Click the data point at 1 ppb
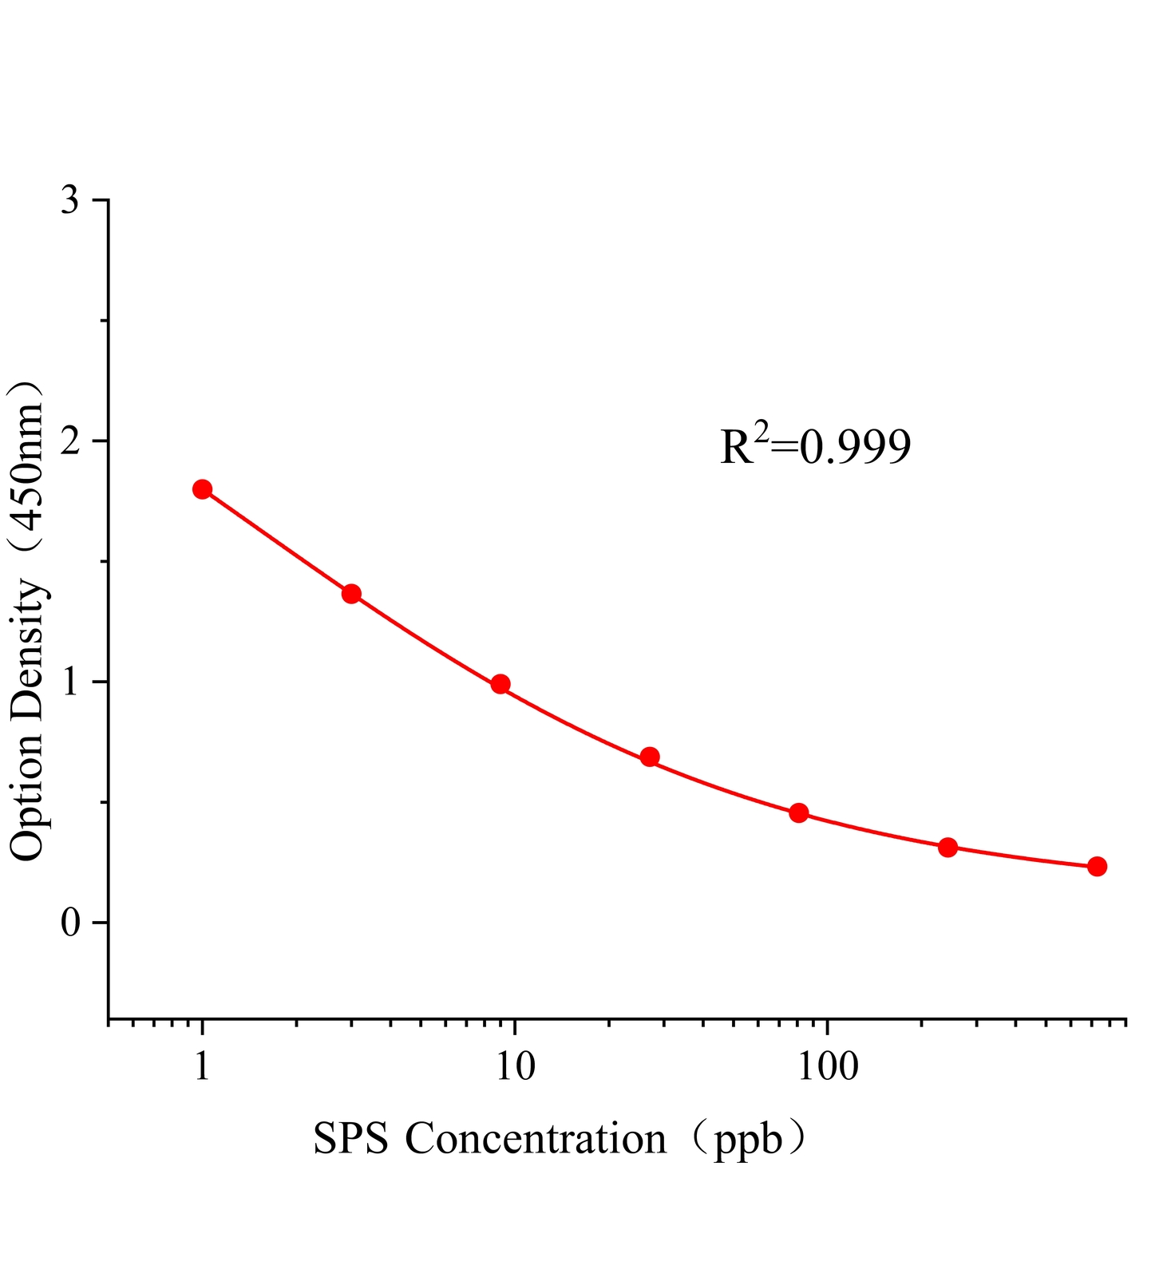[x=202, y=489]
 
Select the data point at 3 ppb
[x=351, y=594]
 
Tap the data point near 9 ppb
[x=500, y=684]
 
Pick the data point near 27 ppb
[x=650, y=757]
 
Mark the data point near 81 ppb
[x=799, y=813]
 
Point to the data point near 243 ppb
[x=948, y=848]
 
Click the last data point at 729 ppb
[x=1097, y=867]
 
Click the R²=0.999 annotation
[x=815, y=447]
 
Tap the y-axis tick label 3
[x=70, y=200]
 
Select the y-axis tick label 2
[x=70, y=441]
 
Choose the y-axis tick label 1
[x=70, y=682]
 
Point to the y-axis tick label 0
[x=70, y=923]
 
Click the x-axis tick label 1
[x=202, y=1067]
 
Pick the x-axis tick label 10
[x=515, y=1067]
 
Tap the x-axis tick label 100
[x=827, y=1067]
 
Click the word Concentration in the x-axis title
[x=536, y=1139]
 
